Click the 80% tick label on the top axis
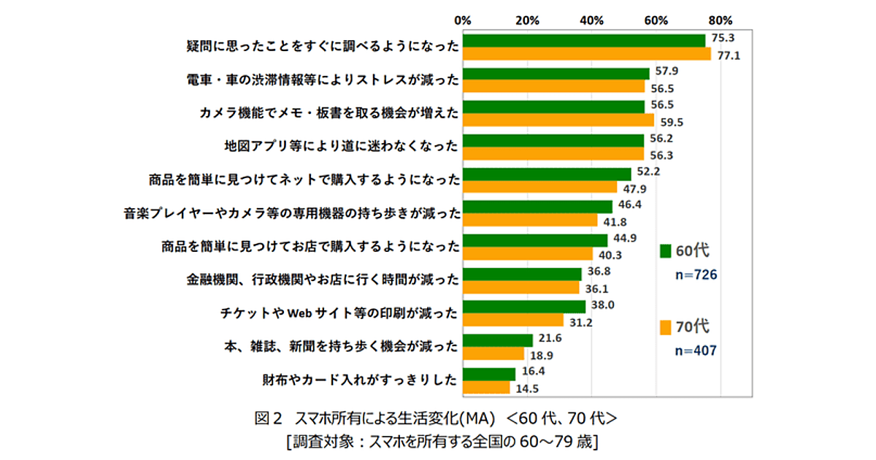click(x=721, y=20)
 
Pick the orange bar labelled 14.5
click(x=486, y=388)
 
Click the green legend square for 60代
click(x=665, y=250)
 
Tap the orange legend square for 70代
click(x=665, y=327)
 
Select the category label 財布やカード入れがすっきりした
click(x=360, y=380)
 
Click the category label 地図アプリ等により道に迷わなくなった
click(x=342, y=145)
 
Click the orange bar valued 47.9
click(x=539, y=187)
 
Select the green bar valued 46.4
click(x=537, y=207)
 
